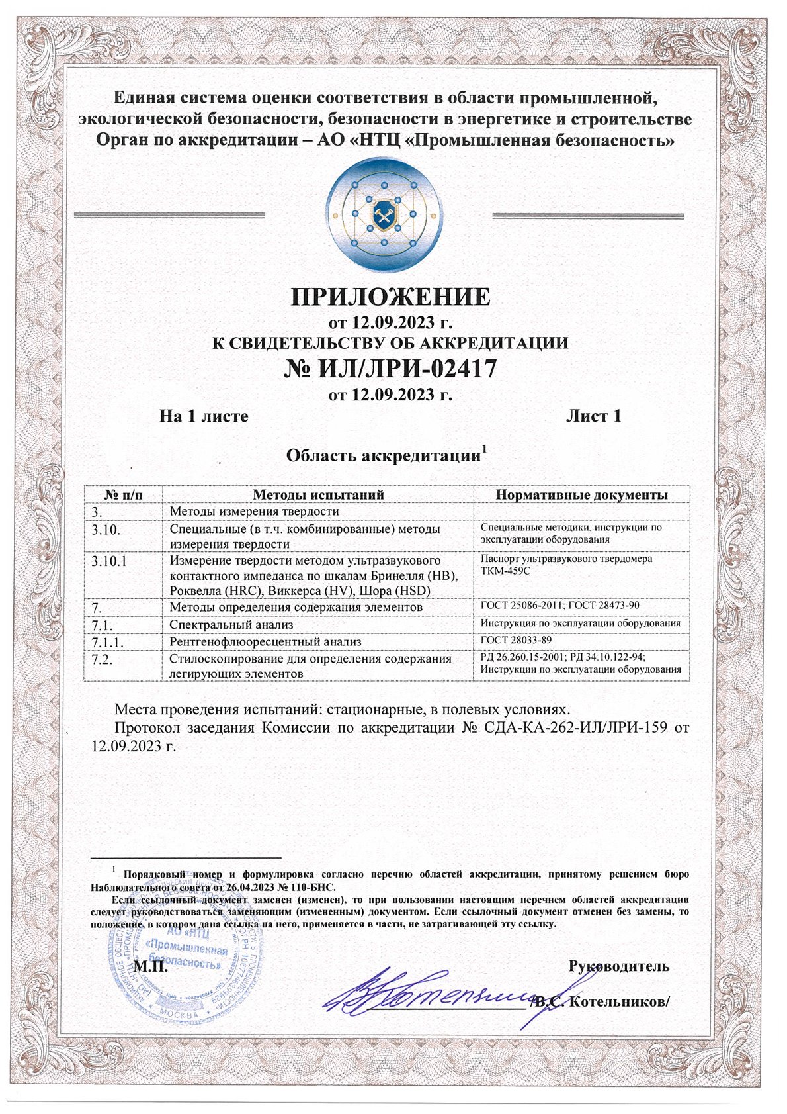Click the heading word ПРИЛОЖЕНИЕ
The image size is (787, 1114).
(391, 297)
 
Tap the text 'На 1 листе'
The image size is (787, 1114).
(204, 416)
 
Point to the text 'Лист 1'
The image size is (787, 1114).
(593, 416)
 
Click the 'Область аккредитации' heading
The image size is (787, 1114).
(383, 456)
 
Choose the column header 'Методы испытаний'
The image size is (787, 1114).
(318, 494)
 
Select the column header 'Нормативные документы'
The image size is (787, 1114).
(582, 494)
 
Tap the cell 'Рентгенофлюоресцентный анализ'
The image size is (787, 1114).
(266, 641)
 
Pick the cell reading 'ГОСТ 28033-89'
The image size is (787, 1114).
(516, 640)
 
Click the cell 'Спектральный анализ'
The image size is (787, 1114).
(231, 624)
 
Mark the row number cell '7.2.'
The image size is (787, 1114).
(104, 659)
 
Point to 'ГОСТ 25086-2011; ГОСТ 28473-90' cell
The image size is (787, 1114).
(559, 606)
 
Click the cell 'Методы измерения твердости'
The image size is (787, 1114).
(255, 511)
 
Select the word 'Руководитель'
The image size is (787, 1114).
(619, 966)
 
